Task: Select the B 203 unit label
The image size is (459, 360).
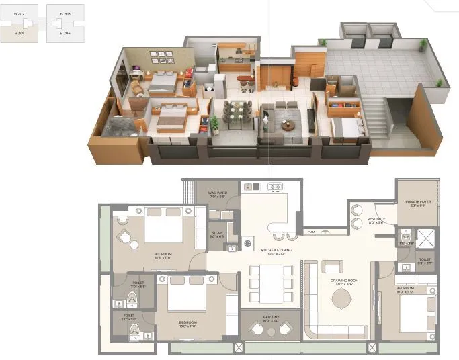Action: [65, 13]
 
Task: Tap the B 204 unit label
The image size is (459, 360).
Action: [65, 32]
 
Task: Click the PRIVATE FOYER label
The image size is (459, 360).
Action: [418, 203]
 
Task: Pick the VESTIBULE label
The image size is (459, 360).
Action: [376, 220]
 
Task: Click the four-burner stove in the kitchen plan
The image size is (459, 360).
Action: [275, 187]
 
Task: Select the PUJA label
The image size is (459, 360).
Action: [311, 232]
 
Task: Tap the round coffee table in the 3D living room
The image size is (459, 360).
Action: [288, 125]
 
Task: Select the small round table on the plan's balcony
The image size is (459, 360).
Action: [271, 330]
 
